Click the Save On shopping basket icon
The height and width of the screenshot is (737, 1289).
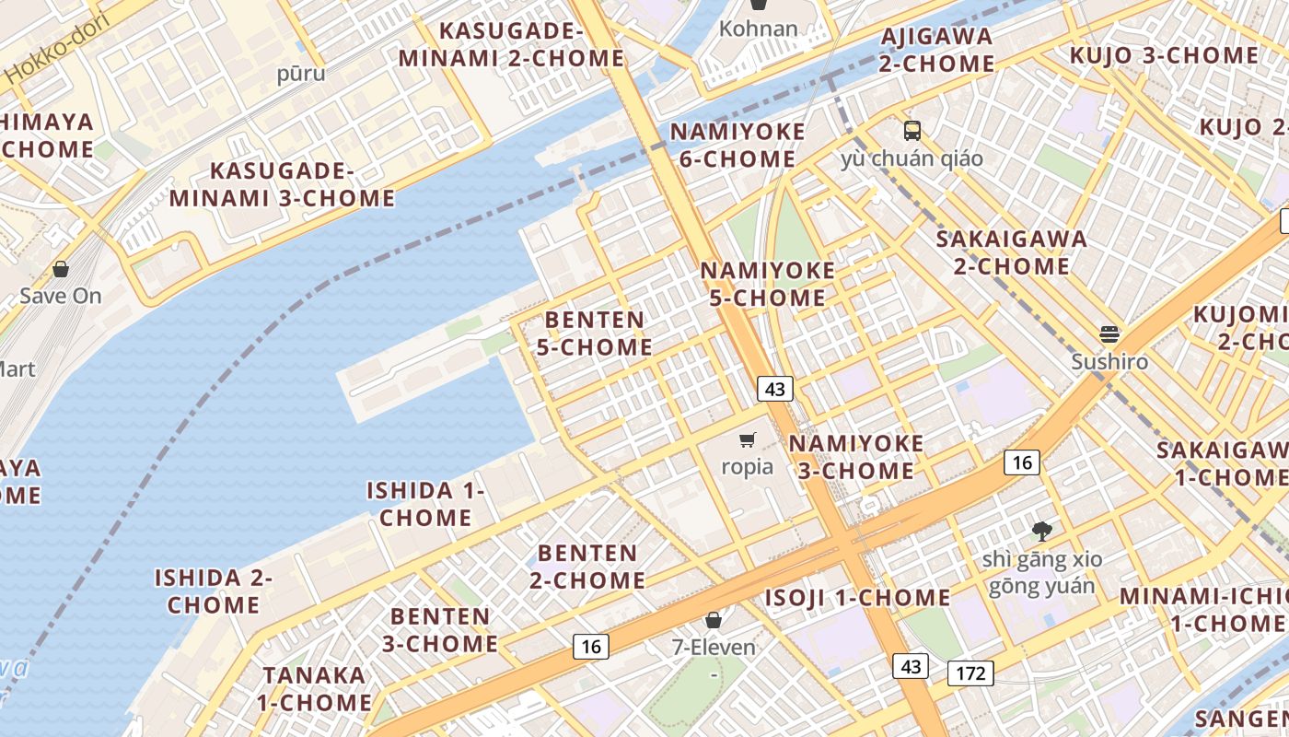(61, 269)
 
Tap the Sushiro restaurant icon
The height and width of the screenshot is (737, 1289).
(1109, 333)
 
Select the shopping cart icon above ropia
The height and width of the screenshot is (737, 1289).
(748, 439)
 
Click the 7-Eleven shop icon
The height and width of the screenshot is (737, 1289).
(713, 620)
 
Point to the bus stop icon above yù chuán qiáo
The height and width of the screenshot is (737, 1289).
(912, 131)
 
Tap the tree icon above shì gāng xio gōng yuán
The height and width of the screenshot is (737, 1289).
(1041, 531)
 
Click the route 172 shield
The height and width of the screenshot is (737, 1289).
(970, 673)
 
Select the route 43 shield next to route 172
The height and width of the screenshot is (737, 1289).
(911, 666)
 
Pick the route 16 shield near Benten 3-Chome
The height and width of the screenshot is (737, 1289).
(590, 647)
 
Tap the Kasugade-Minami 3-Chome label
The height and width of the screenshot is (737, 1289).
(282, 184)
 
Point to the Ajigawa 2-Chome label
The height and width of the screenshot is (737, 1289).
(936, 50)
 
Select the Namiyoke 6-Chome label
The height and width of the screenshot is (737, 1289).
(737, 146)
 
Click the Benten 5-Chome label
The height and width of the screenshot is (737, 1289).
(596, 333)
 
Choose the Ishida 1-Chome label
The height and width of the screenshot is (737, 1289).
(425, 504)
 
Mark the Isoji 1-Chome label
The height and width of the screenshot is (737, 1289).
(858, 598)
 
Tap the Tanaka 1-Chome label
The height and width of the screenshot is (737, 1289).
(314, 688)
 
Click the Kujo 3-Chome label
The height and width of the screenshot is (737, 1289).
(1163, 55)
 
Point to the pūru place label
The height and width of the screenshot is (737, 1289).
(301, 74)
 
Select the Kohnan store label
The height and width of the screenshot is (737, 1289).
(758, 29)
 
